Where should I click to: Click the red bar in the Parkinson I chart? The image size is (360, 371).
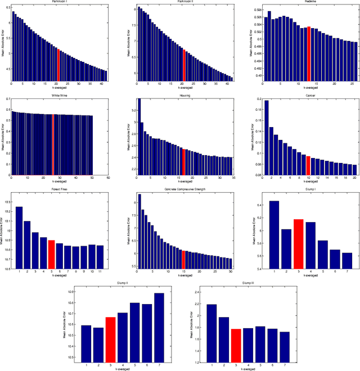click(x=58, y=65)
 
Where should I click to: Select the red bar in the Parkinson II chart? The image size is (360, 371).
click(x=184, y=65)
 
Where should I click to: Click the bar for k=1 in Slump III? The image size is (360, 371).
click(x=211, y=333)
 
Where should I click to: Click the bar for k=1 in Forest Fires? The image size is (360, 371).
click(x=19, y=238)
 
